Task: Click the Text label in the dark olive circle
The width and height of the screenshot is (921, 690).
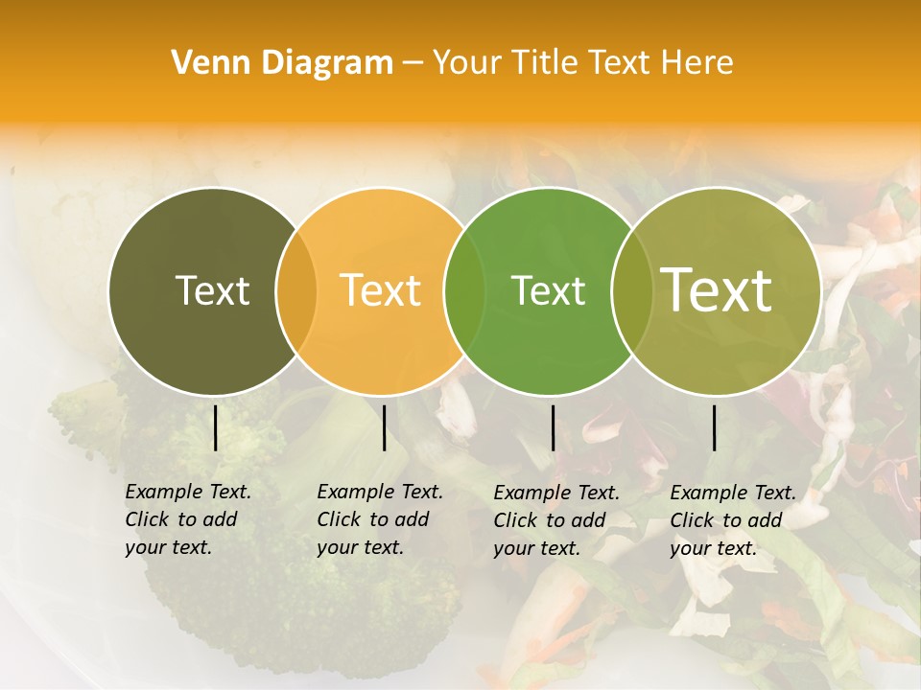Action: pyautogui.click(x=212, y=290)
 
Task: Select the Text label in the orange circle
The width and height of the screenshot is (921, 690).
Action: pyautogui.click(x=380, y=290)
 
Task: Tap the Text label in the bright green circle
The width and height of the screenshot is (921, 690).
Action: pyautogui.click(x=548, y=290)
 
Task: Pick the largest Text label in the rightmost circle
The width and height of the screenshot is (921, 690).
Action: pyautogui.click(x=717, y=290)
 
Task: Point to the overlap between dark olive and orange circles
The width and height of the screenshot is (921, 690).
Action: pyautogui.click(x=296, y=291)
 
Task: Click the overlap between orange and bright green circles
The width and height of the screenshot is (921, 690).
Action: pyautogui.click(x=464, y=291)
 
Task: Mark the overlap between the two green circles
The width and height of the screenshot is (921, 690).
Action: pyautogui.click(x=629, y=291)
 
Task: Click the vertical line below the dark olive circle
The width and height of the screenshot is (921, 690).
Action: pyautogui.click(x=216, y=427)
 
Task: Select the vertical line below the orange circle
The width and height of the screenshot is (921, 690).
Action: pyautogui.click(x=384, y=427)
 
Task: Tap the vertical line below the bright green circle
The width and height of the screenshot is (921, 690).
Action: pyautogui.click(x=553, y=427)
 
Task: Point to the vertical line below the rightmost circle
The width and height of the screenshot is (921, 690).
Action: pyautogui.click(x=714, y=427)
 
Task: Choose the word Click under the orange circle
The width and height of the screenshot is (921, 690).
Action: pyautogui.click(x=340, y=519)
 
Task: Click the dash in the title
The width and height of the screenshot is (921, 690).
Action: pyautogui.click(x=413, y=63)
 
